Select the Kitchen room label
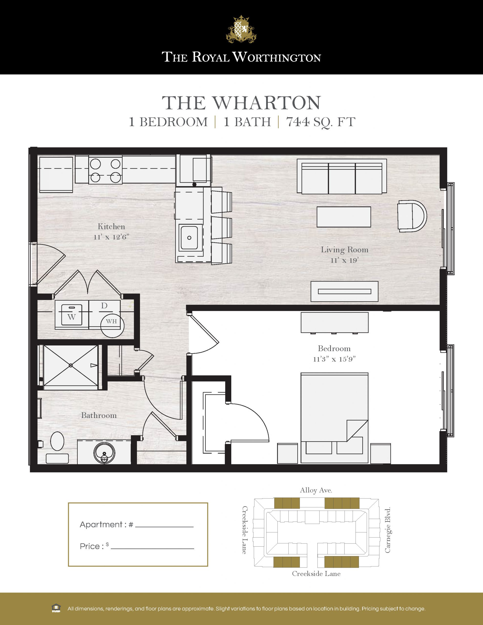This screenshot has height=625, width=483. coord(111,227)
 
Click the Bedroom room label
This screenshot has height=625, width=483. coord(334,349)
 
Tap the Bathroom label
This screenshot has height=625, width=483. coord(99,415)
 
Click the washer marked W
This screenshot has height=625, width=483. coord(72,315)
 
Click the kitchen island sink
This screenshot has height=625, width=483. coord(189,237)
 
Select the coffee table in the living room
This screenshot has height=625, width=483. coord(344,217)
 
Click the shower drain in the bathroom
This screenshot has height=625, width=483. coord(71,365)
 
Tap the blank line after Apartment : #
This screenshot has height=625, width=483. coord(164,527)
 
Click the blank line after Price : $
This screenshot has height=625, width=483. coord(152,549)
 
